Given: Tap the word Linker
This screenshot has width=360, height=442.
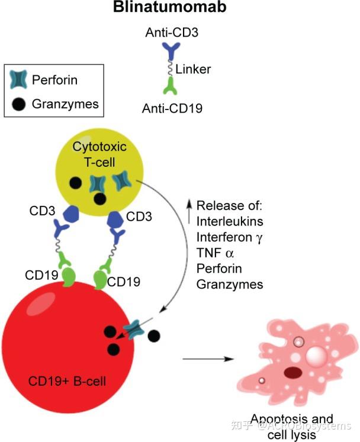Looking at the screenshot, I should [x=193, y=69].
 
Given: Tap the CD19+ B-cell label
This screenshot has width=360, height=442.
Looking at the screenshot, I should [x=67, y=380].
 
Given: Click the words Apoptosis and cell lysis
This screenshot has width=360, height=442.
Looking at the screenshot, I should [x=291, y=425].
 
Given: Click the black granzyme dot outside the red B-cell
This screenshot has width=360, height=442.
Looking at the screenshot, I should [x=154, y=336].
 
